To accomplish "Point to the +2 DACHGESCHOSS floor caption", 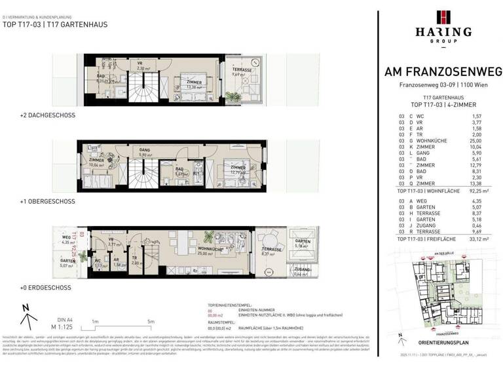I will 48,115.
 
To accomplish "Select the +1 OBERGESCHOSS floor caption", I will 48,201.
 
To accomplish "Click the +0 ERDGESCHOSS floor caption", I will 46,288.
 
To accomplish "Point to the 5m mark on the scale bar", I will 151,321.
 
